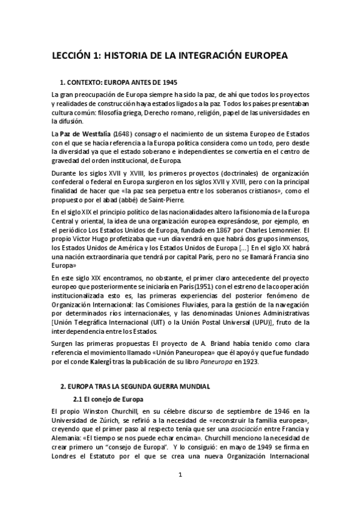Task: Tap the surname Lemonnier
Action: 285,229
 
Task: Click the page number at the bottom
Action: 180,475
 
